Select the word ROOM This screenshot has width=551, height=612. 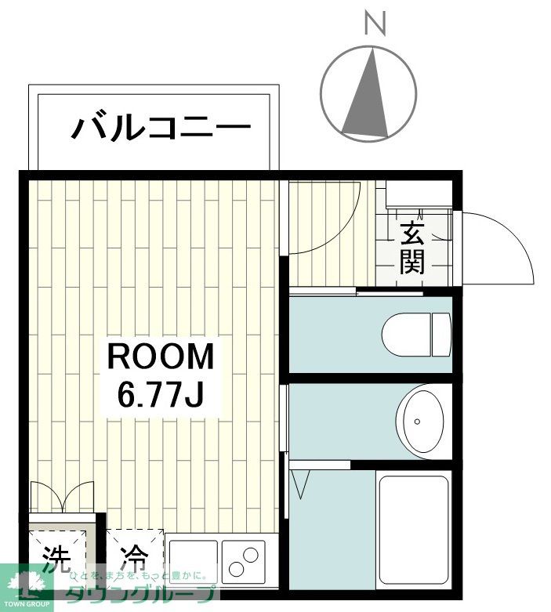tap(160, 357)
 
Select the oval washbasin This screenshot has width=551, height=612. tap(423, 421)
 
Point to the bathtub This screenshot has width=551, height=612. tap(413, 529)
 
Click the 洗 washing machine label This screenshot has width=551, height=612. tap(56, 558)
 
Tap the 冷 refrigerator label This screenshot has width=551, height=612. tap(134, 558)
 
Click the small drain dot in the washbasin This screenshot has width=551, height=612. tap(418, 421)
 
